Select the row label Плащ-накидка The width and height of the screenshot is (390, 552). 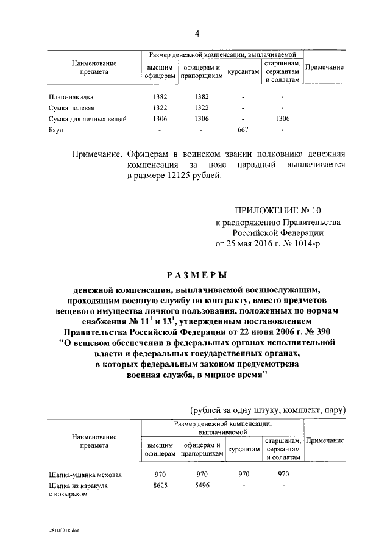(71, 97)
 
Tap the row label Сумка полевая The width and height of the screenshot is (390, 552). (71, 108)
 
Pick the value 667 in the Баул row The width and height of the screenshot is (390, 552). (243, 130)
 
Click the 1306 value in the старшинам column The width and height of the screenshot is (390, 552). (283, 119)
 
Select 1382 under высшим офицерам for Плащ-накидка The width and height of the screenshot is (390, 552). (160, 97)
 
